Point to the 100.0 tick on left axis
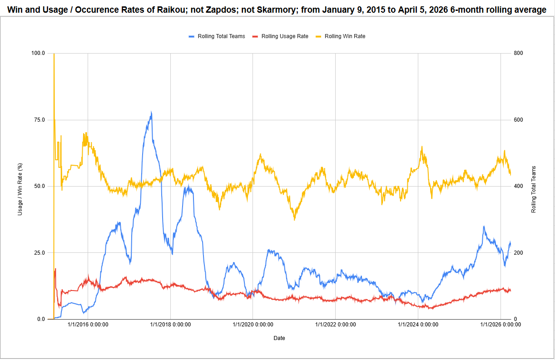tap(38, 53)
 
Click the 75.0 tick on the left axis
tap(39, 120)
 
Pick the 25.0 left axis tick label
tap(39, 253)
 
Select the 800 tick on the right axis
tap(519, 53)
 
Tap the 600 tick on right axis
tap(519, 120)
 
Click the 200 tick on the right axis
tap(519, 253)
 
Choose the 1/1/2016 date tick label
tap(88, 325)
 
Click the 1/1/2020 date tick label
tap(253, 325)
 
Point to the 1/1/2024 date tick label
tap(418, 325)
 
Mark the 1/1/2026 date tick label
tap(500, 325)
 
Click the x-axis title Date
tap(279, 338)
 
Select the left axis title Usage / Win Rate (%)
tap(20, 186)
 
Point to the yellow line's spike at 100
tap(54, 54)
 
